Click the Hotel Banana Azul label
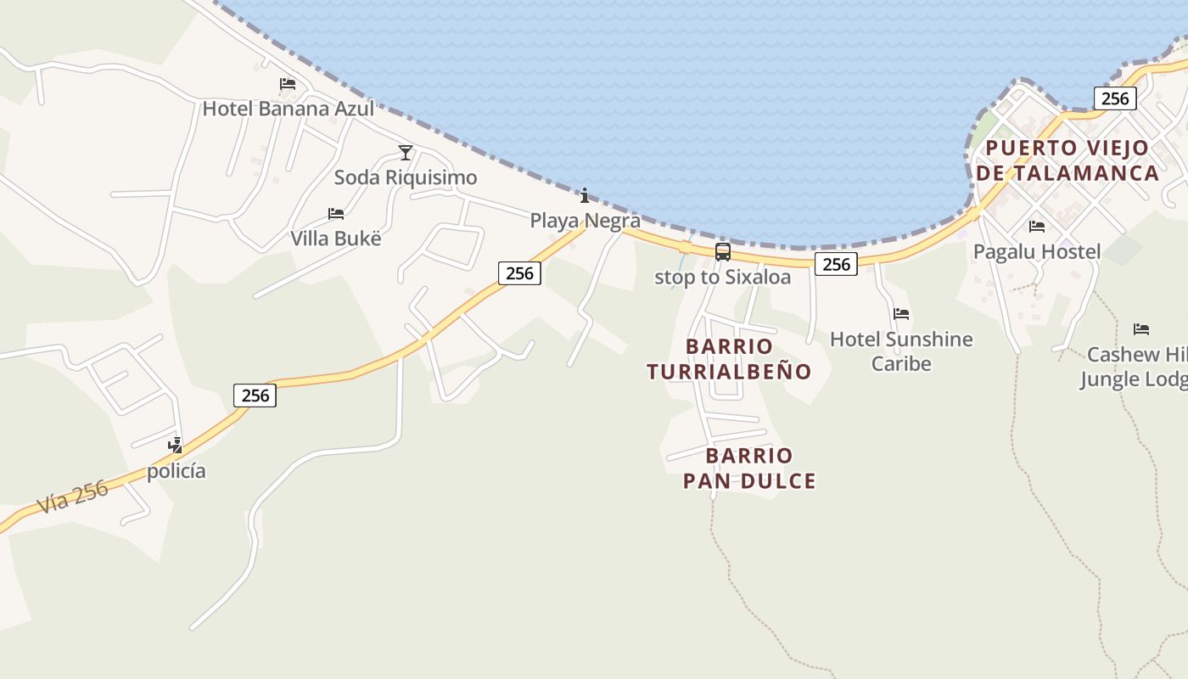[288, 109]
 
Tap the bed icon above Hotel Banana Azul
[288, 84]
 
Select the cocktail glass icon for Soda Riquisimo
[406, 153]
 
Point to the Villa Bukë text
[336, 238]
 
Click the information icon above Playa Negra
[585, 196]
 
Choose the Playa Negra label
[585, 221]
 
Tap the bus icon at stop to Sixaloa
[722, 252]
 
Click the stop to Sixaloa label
[722, 278]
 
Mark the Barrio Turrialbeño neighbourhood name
[729, 359]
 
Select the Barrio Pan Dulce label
[749, 469]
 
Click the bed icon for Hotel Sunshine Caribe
[901, 314]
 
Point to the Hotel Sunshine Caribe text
[901, 351]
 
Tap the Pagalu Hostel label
[1037, 252]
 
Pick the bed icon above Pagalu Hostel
[1036, 227]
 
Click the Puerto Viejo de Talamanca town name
[1068, 160]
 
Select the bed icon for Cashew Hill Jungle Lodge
[1141, 329]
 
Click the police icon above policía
[176, 445]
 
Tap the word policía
[176, 471]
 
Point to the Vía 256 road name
[73, 497]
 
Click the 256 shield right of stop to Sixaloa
[836, 265]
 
